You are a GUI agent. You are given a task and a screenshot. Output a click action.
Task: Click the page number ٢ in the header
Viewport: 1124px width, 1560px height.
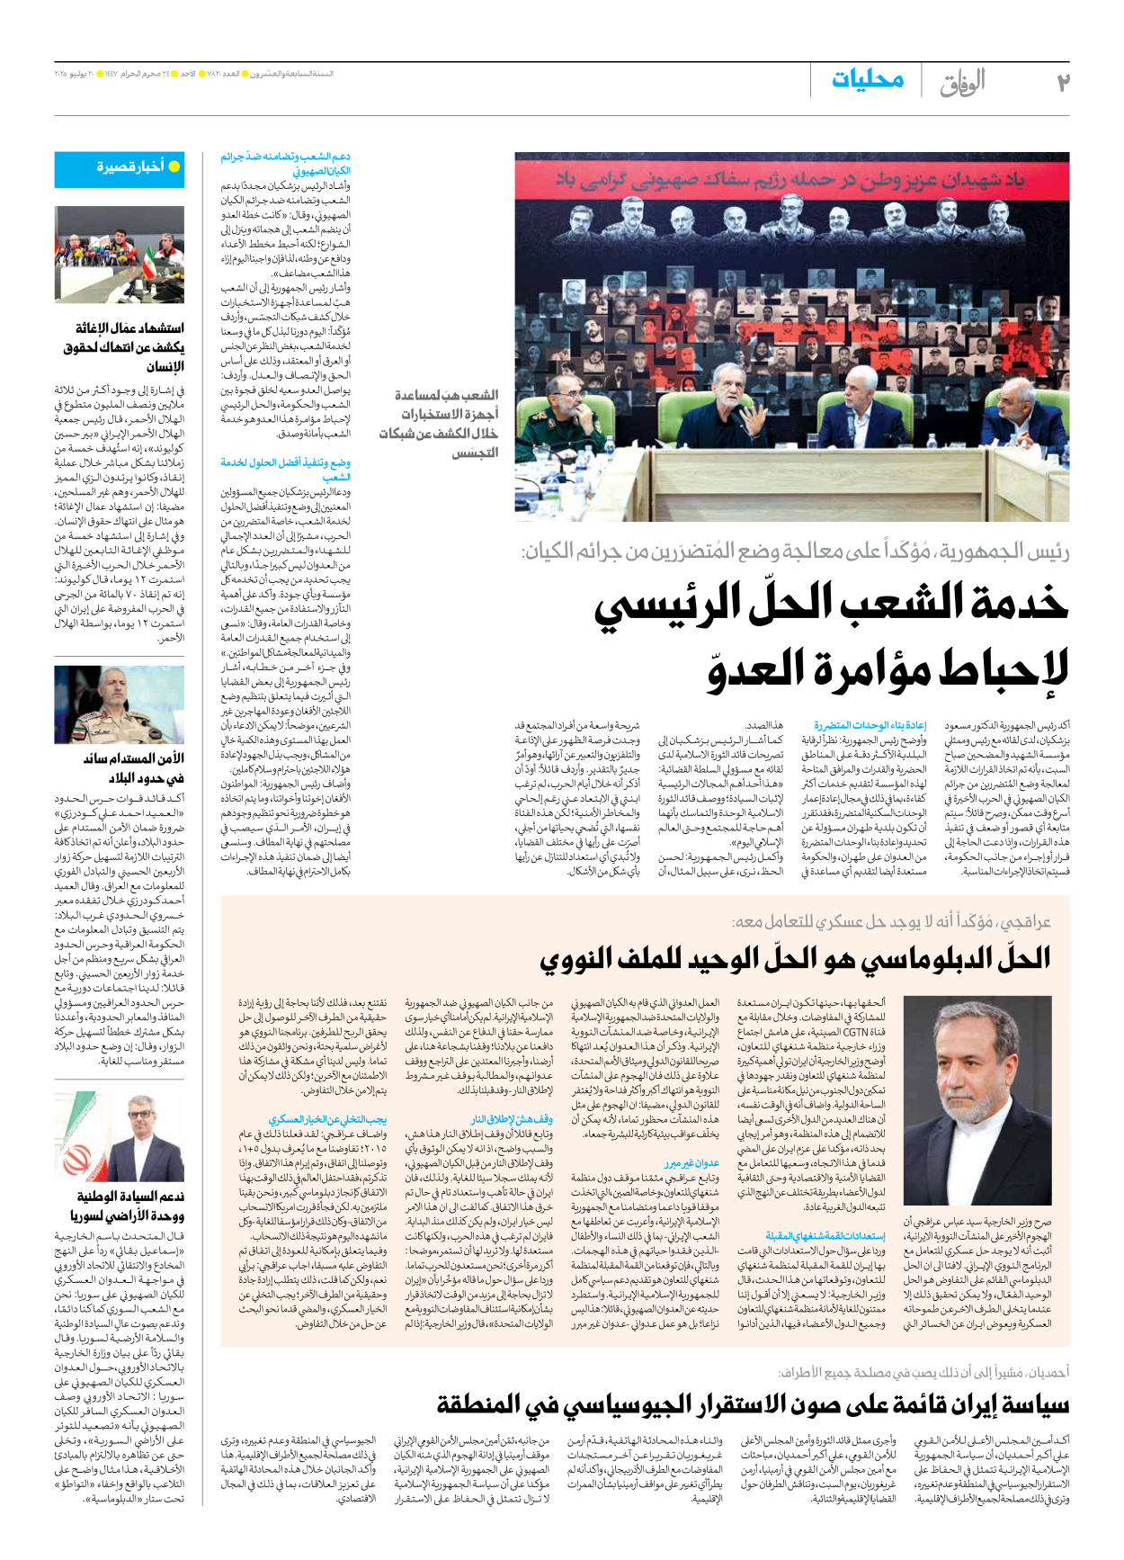coord(1062,83)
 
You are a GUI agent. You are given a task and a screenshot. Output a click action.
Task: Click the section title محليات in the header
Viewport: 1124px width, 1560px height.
coord(867,80)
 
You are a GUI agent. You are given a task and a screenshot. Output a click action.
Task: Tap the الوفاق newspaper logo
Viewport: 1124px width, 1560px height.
coord(962,83)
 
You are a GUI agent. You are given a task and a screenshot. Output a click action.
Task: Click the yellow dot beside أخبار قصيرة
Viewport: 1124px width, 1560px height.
coord(174,167)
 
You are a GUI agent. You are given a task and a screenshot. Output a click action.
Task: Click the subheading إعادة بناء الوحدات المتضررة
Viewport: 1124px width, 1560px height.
coord(870,725)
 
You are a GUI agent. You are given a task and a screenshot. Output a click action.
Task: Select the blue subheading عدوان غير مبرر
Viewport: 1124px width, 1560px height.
coord(692,1163)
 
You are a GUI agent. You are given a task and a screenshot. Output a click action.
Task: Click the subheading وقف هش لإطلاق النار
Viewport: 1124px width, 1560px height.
coord(512,1119)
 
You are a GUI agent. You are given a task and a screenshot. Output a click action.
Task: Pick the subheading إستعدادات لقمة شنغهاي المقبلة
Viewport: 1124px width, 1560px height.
coord(825,1236)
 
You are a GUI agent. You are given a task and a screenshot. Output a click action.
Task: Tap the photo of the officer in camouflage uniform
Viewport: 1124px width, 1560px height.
coord(119,704)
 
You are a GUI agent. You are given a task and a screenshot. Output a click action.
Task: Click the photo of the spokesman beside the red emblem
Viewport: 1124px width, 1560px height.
coord(119,1137)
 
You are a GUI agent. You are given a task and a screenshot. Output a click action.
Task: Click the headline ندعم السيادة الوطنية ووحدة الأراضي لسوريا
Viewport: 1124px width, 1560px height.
coord(129,1206)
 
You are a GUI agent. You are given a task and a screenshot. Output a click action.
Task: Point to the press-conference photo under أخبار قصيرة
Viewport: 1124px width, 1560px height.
coord(119,255)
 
